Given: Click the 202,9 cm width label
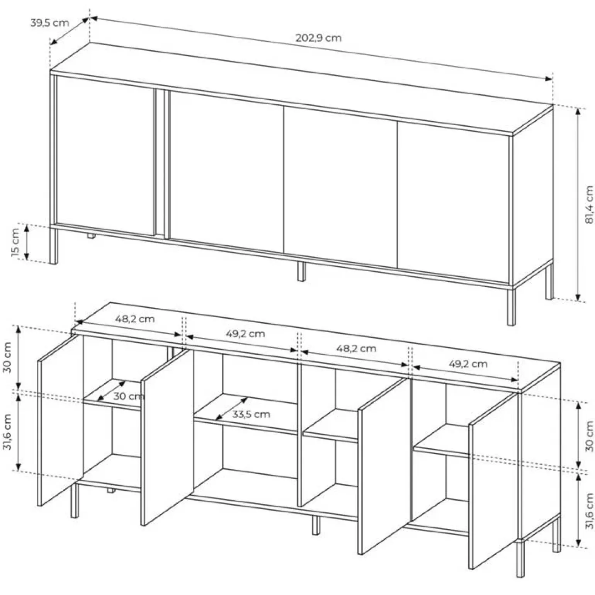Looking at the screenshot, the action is pos(319,38).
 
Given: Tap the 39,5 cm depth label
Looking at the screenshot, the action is pos(49,22).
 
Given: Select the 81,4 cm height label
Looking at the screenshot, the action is pos(589,204).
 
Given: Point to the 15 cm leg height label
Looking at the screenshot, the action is pos(15,242).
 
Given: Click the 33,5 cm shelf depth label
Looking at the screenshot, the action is pos(251,415).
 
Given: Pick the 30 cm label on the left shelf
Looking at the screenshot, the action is pos(129,396).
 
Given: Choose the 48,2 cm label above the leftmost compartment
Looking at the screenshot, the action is pos(135,319).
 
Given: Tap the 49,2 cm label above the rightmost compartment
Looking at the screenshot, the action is pos(468,364).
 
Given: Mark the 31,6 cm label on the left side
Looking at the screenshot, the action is pos(7,432).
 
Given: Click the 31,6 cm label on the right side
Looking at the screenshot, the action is pos(589,511).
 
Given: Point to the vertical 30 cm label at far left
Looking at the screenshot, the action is pos(7,357).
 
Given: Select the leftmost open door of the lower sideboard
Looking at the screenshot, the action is pos(60,420).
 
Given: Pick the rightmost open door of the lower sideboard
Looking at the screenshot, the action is pos(493,481).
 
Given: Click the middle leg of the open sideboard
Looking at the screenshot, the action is pos(316,525).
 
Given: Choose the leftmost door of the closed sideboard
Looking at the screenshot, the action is pos(105,155).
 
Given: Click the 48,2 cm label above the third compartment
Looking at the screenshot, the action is pos(356,348).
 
